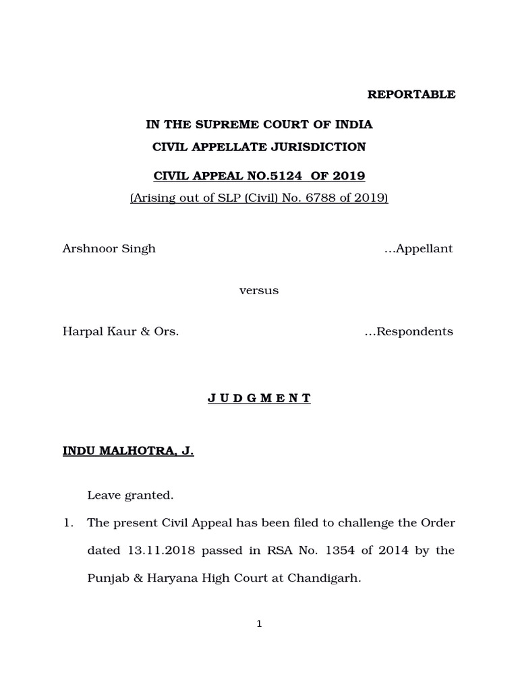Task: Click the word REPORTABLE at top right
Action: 411,94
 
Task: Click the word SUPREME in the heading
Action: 223,125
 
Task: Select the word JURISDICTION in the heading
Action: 320,146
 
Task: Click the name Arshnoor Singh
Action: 109,248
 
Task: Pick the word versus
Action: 259,291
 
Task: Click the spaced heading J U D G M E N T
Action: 259,398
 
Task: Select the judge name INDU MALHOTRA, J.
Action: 128,451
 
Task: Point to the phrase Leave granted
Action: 130,496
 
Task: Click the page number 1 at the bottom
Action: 259,624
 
